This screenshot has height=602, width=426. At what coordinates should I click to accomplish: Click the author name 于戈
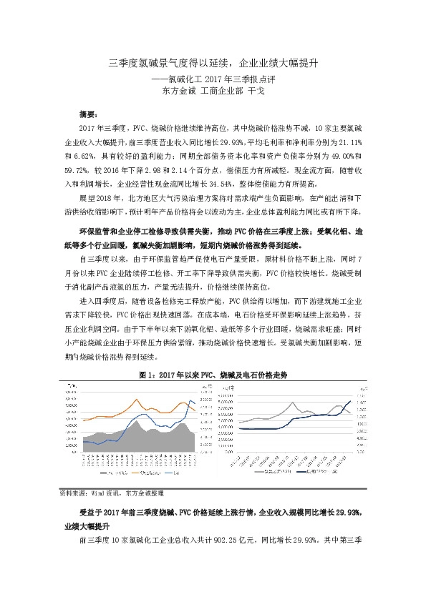coord(256,91)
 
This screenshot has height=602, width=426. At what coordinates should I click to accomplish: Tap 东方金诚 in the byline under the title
coord(180,91)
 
